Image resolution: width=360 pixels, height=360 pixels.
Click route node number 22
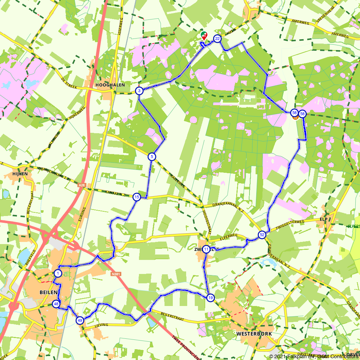click(217, 39)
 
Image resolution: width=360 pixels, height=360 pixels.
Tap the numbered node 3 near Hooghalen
click(139, 91)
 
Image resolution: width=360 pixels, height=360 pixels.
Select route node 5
click(152, 156)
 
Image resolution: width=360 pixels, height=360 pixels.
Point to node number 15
click(136, 197)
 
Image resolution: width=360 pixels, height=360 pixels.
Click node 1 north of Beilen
click(58, 273)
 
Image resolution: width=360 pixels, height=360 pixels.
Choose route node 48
click(56, 304)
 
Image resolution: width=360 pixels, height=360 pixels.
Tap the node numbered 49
click(80, 320)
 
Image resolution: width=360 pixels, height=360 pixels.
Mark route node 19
click(210, 297)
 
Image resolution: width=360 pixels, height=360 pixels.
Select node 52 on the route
click(262, 235)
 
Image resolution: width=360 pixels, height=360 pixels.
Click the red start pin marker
click(204, 35)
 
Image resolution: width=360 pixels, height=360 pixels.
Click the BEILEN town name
click(47, 292)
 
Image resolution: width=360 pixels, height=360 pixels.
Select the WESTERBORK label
click(254, 334)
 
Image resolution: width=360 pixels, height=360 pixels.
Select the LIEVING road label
click(102, 325)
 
